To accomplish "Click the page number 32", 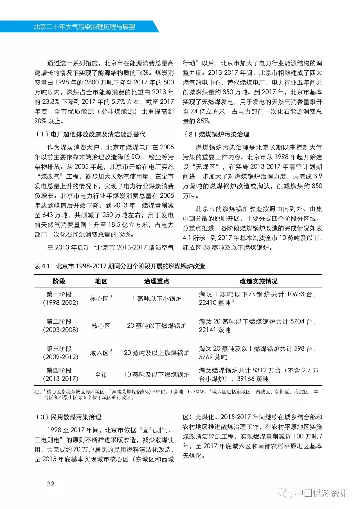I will point(51,484).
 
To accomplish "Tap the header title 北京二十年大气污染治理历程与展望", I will point(84,27).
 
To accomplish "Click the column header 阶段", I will point(59,281).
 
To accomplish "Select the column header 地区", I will point(101,281).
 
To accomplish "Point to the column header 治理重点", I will point(157,281).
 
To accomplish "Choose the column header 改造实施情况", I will point(258,281).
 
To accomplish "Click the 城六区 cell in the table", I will point(99,353).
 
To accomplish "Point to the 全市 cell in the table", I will point(101,375).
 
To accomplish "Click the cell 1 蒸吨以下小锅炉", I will point(157,298).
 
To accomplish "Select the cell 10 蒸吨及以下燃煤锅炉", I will point(157,375).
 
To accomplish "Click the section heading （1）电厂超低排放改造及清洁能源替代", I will point(91,134).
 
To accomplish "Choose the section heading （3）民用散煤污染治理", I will point(68,417).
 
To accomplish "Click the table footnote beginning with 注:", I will point(177,394).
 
